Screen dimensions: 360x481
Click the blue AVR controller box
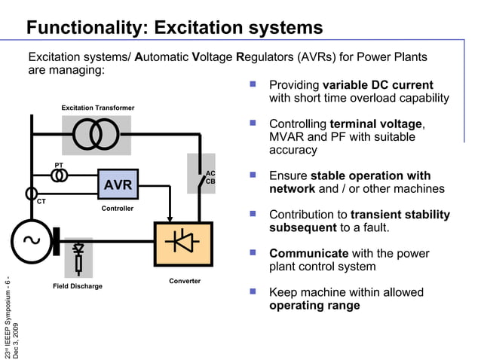(x=118, y=185)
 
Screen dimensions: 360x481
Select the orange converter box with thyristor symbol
(x=183, y=244)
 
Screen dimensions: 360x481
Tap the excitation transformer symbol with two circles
(x=96, y=135)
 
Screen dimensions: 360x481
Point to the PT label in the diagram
(x=59, y=165)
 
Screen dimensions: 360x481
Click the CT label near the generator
(x=41, y=201)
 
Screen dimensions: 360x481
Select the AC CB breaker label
(x=210, y=177)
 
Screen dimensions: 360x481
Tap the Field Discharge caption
(x=77, y=286)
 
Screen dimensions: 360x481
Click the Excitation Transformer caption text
(x=98, y=108)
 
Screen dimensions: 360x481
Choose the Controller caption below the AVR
(x=118, y=209)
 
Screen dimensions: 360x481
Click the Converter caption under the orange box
(x=185, y=281)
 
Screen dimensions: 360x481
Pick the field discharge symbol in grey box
(x=78, y=255)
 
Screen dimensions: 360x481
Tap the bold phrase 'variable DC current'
(x=378, y=84)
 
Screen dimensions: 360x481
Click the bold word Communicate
(x=308, y=253)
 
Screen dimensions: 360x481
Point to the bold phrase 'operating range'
(x=314, y=305)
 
